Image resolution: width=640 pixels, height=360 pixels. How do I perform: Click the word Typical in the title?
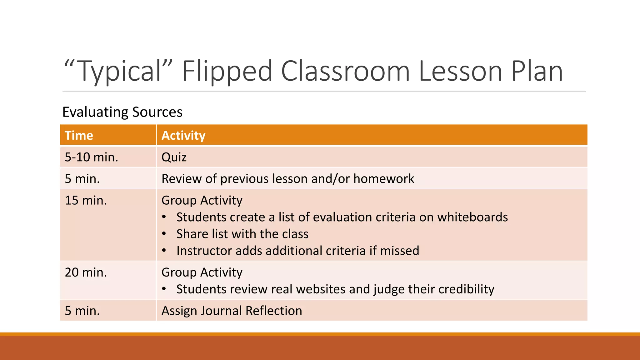click(118, 71)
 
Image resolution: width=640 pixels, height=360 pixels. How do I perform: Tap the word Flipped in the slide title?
click(227, 71)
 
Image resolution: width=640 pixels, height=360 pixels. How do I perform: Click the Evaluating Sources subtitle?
click(122, 112)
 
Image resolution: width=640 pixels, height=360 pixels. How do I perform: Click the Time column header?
click(79, 136)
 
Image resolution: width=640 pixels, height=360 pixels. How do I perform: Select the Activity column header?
click(183, 136)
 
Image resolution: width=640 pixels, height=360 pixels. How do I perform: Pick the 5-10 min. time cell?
click(91, 157)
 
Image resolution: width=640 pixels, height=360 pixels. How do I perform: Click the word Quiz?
click(174, 157)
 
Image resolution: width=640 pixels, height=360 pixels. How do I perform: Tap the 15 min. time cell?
click(86, 200)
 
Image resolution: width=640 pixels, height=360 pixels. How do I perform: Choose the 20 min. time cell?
click(86, 272)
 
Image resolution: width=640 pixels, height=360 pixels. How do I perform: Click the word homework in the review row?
click(384, 179)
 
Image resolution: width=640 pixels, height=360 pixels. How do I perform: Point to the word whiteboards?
click(472, 217)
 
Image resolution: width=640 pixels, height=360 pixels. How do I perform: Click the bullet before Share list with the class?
click(164, 234)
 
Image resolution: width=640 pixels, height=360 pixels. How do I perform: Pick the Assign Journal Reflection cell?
click(232, 311)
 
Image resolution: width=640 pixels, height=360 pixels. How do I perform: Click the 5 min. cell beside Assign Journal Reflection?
click(82, 311)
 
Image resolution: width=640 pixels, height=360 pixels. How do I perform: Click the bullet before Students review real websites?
click(164, 289)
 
